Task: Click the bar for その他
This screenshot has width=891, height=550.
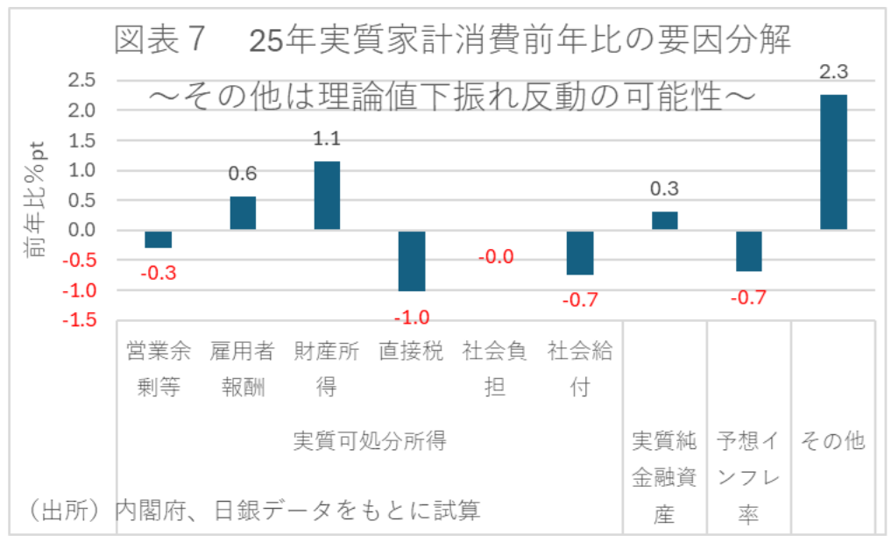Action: coord(833,162)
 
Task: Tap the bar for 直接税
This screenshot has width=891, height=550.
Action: coord(412,261)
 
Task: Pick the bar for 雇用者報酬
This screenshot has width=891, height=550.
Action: coord(243,213)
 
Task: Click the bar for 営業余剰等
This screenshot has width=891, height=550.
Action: coord(159,239)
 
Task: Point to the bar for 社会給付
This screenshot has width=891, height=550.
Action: coord(580,253)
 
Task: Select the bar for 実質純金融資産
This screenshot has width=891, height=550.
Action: coord(665,221)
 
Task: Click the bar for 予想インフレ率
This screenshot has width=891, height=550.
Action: coord(749,251)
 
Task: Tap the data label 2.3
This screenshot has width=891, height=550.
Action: coord(833,72)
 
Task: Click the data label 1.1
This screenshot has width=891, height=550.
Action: coord(327,138)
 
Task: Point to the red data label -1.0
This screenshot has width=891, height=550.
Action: coord(412,317)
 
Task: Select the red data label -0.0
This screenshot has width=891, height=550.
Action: coord(496,258)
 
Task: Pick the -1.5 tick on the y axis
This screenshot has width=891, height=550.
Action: coord(80,320)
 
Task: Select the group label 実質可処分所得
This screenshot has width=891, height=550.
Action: coord(370,441)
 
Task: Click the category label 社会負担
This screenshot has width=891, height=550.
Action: coord(496,368)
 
